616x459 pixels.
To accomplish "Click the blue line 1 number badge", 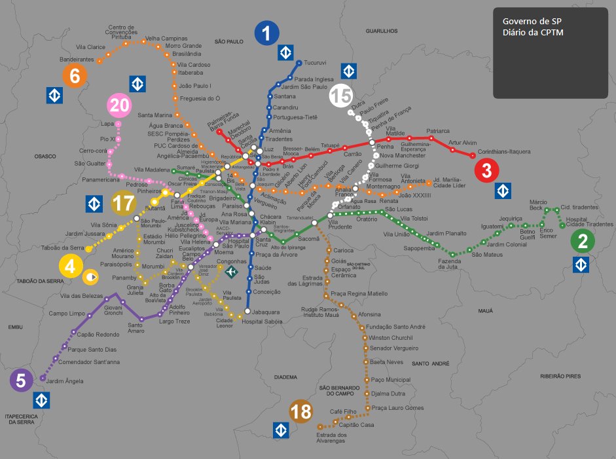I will [266, 33].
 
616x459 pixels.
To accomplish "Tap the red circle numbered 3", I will [486, 171].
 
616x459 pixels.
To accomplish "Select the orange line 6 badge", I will [75, 77].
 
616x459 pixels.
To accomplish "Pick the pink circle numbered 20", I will [120, 105].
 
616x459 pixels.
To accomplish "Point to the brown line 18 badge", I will [301, 411].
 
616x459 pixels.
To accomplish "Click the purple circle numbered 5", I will [21, 380].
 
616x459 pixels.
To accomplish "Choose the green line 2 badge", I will [582, 242].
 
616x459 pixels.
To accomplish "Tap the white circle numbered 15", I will [340, 96].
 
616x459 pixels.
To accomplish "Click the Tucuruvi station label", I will [316, 63].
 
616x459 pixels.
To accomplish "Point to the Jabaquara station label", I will [266, 312].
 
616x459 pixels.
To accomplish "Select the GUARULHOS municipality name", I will [382, 31].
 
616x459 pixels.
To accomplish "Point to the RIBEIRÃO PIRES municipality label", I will [561, 376].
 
